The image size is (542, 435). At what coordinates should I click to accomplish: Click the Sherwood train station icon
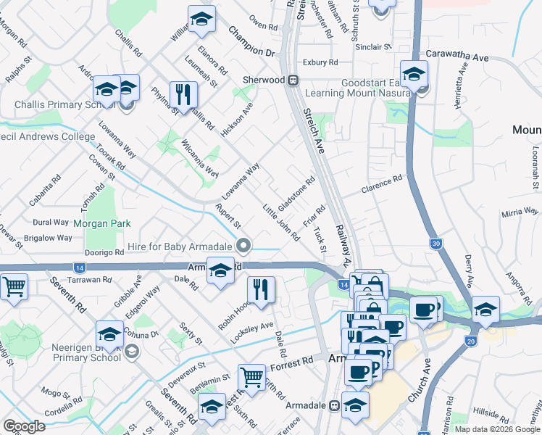tap(294, 80)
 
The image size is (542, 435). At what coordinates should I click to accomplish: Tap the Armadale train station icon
tap(335, 407)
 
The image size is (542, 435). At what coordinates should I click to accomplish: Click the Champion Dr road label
tap(252, 42)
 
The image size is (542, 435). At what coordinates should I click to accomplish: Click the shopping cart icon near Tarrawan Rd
tap(14, 287)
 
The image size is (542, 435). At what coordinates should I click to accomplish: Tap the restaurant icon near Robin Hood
tap(261, 290)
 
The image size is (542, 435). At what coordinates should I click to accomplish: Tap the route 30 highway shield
tap(435, 244)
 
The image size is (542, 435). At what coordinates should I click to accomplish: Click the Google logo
tap(24, 426)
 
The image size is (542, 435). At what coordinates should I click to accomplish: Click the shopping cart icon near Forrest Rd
tap(251, 376)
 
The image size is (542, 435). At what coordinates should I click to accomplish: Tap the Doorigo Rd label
tap(105, 252)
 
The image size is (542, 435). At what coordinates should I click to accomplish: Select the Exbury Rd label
tap(320, 62)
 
